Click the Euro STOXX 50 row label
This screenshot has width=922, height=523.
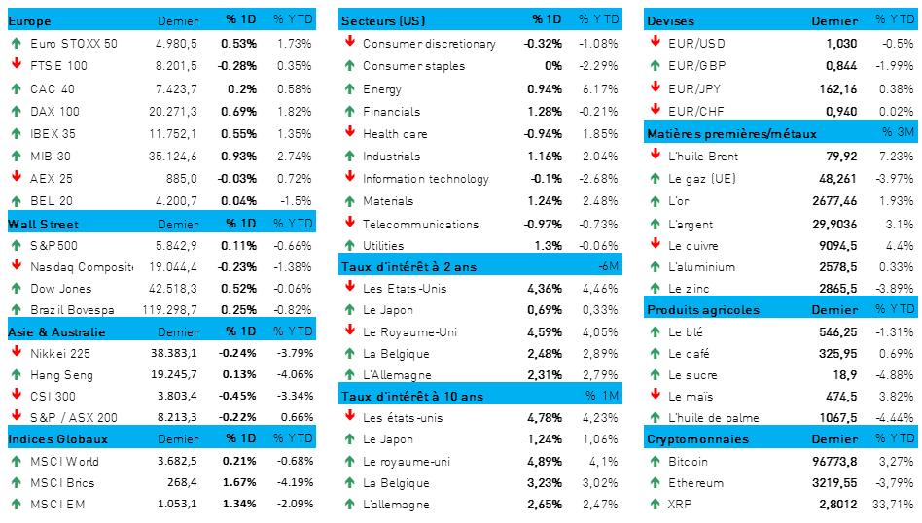pyautogui.click(x=74, y=43)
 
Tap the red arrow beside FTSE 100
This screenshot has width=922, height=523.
pyautogui.click(x=16, y=65)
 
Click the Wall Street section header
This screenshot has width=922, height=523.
pyautogui.click(x=36, y=224)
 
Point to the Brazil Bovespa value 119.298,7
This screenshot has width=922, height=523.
pyautogui.click(x=170, y=310)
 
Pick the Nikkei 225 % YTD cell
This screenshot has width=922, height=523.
pyautogui.click(x=293, y=355)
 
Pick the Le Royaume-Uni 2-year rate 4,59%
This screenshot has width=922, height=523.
pyautogui.click(x=544, y=332)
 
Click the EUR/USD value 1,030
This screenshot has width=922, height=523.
pyautogui.click(x=841, y=43)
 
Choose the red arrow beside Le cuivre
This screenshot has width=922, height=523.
pyautogui.click(x=655, y=245)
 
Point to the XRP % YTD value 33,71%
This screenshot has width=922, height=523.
pyautogui.click(x=895, y=504)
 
